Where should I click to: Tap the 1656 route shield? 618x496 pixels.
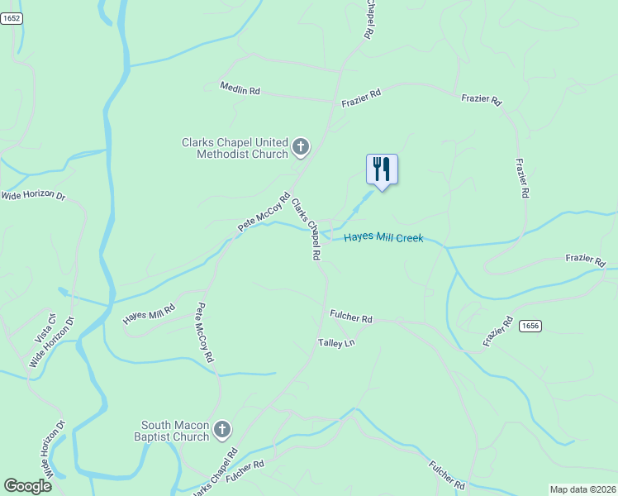pyautogui.click(x=530, y=327)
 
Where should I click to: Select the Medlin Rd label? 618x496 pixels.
pyautogui.click(x=240, y=88)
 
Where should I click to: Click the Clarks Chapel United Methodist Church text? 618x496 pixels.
pyautogui.click(x=235, y=148)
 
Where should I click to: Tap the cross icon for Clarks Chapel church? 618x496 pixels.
pyautogui.click(x=301, y=148)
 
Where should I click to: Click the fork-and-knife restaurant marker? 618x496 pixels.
pyautogui.click(x=382, y=169)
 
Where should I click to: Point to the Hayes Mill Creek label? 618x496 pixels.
pyautogui.click(x=383, y=238)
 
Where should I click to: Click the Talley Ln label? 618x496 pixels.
pyautogui.click(x=336, y=342)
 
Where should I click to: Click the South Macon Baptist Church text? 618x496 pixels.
pyautogui.click(x=174, y=430)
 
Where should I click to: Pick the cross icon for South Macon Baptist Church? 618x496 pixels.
pyautogui.click(x=221, y=430)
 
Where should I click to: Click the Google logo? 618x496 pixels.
pyautogui.click(x=28, y=486)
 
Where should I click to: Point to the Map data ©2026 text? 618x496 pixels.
pyautogui.click(x=582, y=489)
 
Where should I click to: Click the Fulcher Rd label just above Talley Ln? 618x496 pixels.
pyautogui.click(x=351, y=316)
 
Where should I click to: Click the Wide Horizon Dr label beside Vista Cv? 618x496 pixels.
pyautogui.click(x=52, y=342)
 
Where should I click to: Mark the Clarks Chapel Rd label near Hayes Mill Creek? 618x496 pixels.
pyautogui.click(x=306, y=229)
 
